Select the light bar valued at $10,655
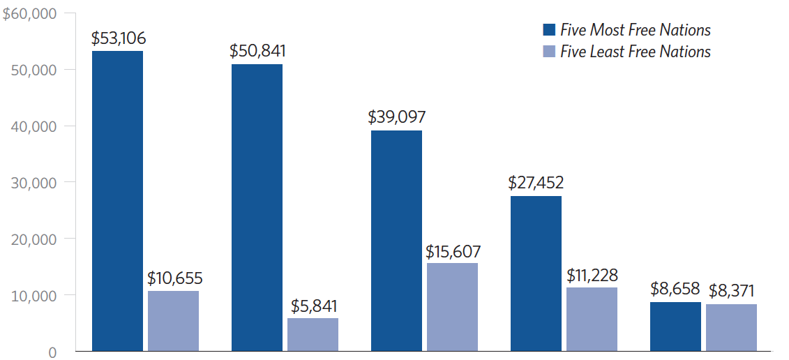pyautogui.click(x=173, y=321)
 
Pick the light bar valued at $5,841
pyautogui.click(x=313, y=334)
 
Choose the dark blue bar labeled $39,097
pyautogui.click(x=396, y=241)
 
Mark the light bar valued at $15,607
pyautogui.click(x=452, y=307)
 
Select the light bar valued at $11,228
pyautogui.click(x=592, y=319)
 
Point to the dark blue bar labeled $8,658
pyautogui.click(x=675, y=327)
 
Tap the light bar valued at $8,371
pyautogui.click(x=731, y=327)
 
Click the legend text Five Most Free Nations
pyautogui.click(x=636, y=30)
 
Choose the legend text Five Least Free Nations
pyautogui.click(x=636, y=52)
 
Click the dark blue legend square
pyautogui.click(x=549, y=30)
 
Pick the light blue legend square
pyautogui.click(x=549, y=52)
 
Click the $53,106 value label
pyautogui.click(x=118, y=38)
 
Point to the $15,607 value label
pyautogui.click(x=453, y=251)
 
